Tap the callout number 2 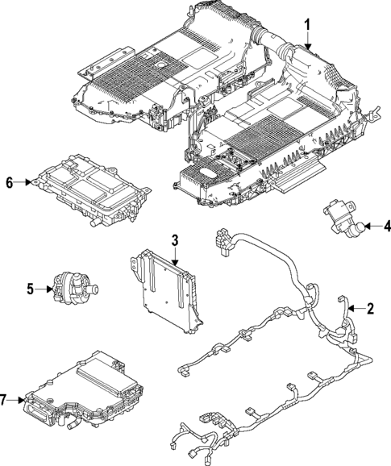coord(370,308)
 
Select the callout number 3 coord(174,240)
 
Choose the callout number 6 coord(10,183)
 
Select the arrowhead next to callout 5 coord(46,288)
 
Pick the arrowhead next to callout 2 coord(354,308)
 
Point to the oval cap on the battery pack coord(209,173)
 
